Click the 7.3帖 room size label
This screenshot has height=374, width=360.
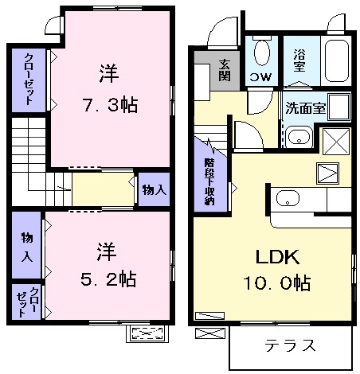[x=110, y=105]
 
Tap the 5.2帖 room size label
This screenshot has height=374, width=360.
[x=108, y=279]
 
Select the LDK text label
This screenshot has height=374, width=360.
[x=277, y=256]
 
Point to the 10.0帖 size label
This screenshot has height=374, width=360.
[x=277, y=282]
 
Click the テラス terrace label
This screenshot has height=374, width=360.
[x=290, y=345]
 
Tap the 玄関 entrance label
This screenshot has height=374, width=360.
[x=225, y=70]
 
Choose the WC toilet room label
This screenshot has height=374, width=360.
[x=261, y=77]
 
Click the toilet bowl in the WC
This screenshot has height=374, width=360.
[x=262, y=52]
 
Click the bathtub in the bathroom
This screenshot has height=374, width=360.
[x=336, y=60]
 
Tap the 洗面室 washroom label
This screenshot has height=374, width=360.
[x=306, y=108]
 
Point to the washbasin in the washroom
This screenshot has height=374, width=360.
[x=299, y=136]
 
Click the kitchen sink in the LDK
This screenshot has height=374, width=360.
[x=288, y=198]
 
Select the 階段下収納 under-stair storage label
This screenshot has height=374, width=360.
[x=209, y=181]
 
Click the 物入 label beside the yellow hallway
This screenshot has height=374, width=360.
[x=155, y=190]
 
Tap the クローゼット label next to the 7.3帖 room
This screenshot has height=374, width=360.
[x=29, y=79]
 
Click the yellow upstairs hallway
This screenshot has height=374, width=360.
[x=103, y=189]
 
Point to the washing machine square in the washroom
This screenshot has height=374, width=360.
[x=339, y=107]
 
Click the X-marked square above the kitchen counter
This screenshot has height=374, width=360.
[x=336, y=142]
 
